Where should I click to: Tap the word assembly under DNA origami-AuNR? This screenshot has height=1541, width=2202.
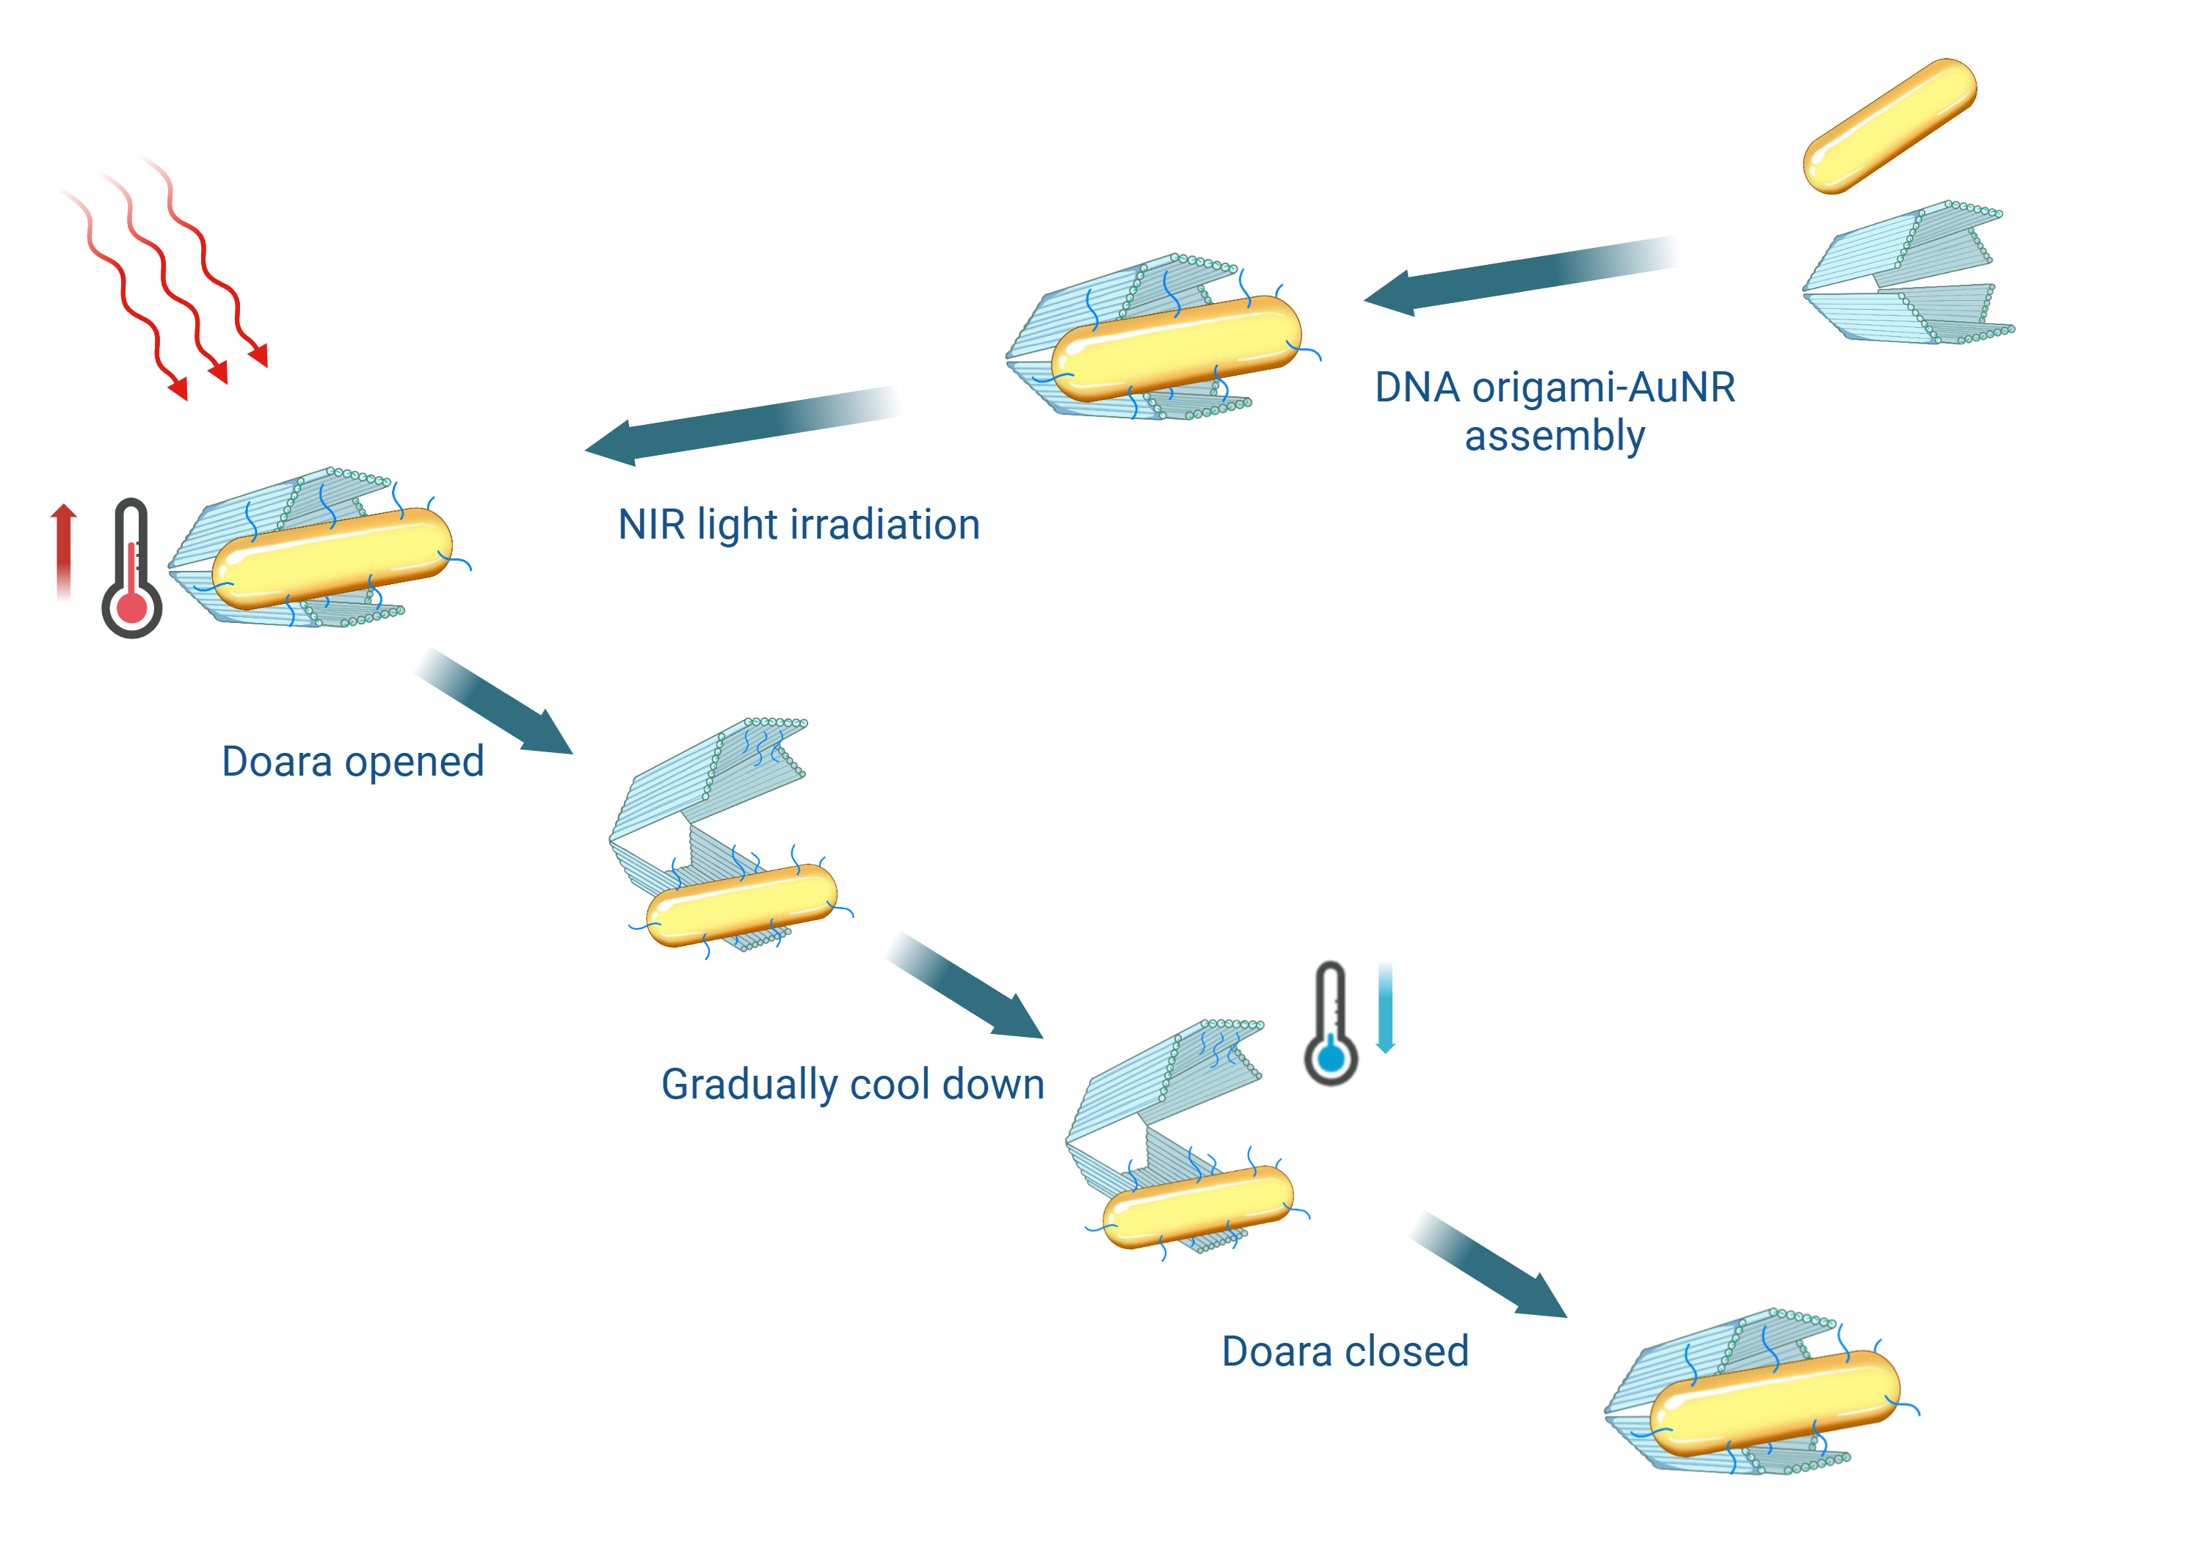(1554, 437)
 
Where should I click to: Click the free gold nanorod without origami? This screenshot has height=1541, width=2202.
(1889, 125)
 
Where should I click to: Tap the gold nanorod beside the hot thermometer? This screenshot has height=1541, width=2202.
(332, 558)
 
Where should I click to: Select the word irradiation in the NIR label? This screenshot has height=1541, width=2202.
(882, 525)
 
